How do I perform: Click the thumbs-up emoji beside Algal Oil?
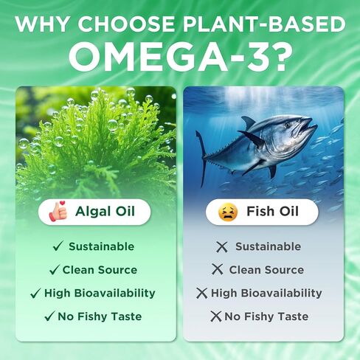58,212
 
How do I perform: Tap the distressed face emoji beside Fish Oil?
228,212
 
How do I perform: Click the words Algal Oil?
105,211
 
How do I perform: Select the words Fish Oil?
272,211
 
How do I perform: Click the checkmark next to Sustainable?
58,246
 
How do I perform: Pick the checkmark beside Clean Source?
55,270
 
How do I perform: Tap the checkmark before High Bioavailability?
35,293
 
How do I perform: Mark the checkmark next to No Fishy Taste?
49,316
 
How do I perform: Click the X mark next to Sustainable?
222,246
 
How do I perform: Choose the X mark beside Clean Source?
218,269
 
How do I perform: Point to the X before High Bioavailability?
202,293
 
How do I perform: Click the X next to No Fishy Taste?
216,316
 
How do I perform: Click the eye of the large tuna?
287,125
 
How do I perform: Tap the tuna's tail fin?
202,157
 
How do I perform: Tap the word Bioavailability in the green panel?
114,293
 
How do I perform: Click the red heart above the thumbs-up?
63,203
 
